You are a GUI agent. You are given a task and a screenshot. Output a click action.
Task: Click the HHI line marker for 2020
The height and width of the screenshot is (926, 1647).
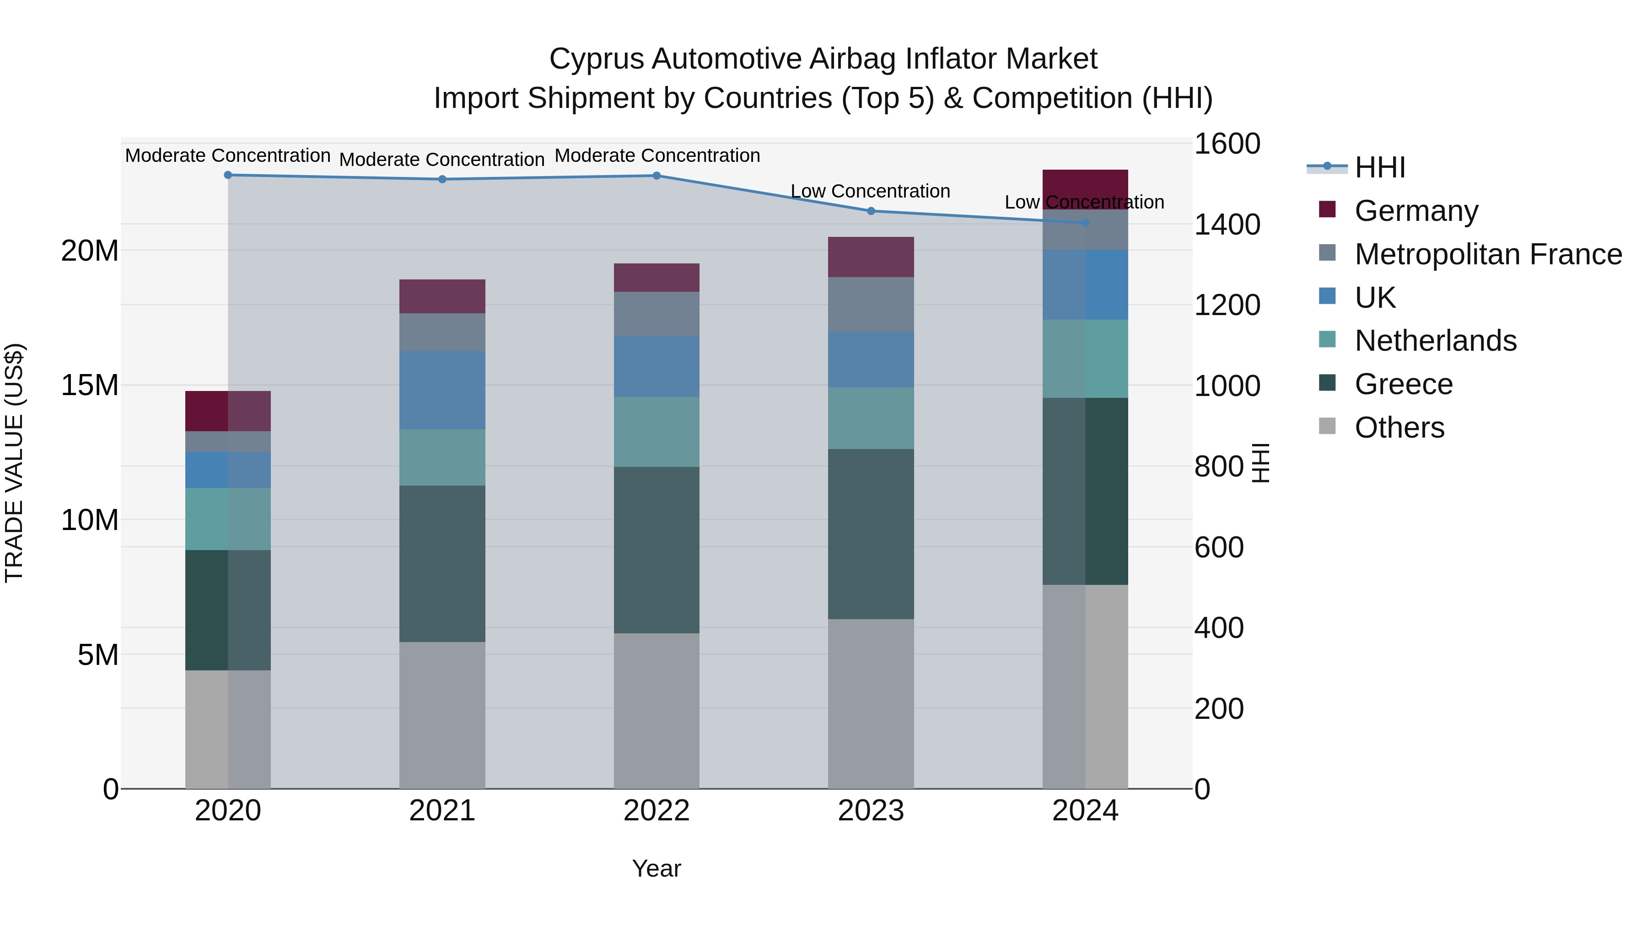pos(228,175)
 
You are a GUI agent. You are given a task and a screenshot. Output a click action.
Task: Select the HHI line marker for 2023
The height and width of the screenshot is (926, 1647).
pos(871,211)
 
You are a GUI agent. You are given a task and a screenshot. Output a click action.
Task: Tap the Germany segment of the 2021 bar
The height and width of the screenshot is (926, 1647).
pos(442,296)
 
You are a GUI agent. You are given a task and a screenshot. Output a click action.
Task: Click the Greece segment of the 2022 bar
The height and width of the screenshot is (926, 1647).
pos(657,550)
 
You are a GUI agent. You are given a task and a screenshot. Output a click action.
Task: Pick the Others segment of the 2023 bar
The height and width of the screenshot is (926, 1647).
pos(871,703)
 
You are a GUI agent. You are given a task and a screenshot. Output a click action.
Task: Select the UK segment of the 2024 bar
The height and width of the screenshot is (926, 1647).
pos(1085,285)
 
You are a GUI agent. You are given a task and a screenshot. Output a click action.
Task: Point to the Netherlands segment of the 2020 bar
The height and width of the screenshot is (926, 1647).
pos(228,519)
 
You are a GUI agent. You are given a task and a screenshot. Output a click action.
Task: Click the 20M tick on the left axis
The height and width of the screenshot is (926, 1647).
pos(90,251)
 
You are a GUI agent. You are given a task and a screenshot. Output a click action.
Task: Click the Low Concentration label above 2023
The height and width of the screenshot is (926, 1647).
pos(870,191)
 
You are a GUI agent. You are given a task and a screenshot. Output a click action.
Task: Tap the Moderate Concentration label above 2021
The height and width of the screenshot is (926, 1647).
pos(442,160)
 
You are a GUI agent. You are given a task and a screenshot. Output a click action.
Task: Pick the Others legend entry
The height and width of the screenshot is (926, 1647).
pos(1399,428)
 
